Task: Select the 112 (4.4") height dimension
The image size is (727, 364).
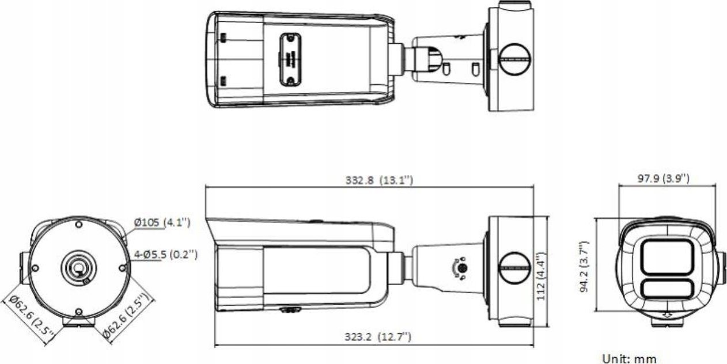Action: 540,271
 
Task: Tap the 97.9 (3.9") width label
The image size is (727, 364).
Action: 663,179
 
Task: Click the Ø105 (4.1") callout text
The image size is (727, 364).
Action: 162,222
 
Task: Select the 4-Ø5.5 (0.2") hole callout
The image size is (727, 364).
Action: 166,254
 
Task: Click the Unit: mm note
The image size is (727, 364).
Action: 629,358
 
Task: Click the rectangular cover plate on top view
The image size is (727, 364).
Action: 290,59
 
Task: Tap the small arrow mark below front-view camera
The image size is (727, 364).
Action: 667,315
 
